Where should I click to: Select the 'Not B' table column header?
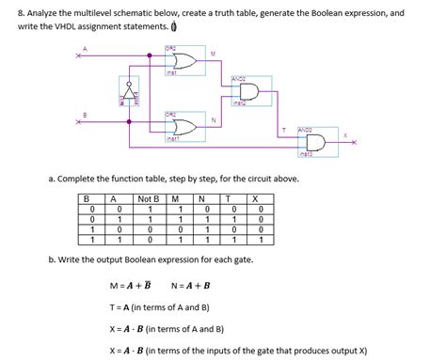(x=147, y=197)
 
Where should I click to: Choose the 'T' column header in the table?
(x=227, y=197)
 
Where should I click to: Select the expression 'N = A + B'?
(x=191, y=286)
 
